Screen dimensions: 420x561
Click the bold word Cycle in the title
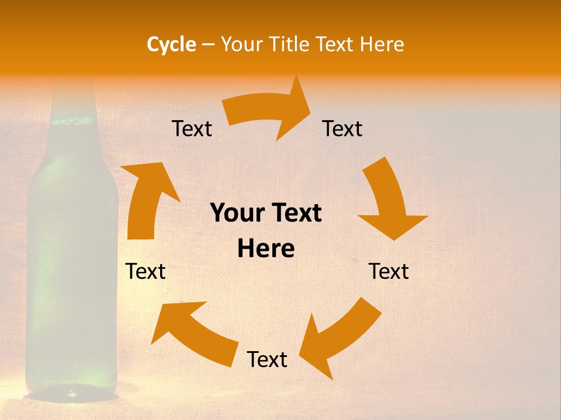(x=171, y=44)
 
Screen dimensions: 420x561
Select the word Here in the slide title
(x=382, y=44)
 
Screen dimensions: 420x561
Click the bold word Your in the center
(x=236, y=213)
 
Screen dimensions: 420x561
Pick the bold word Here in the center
(x=266, y=249)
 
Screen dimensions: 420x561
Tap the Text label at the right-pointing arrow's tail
(x=192, y=128)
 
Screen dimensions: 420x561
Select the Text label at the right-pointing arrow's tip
(x=342, y=128)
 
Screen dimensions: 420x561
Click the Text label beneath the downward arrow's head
(x=389, y=271)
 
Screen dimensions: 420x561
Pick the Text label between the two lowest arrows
(x=267, y=359)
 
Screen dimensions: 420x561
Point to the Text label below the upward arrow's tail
(x=146, y=271)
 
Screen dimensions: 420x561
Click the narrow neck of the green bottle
(x=72, y=99)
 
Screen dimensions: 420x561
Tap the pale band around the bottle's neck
(x=72, y=121)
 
